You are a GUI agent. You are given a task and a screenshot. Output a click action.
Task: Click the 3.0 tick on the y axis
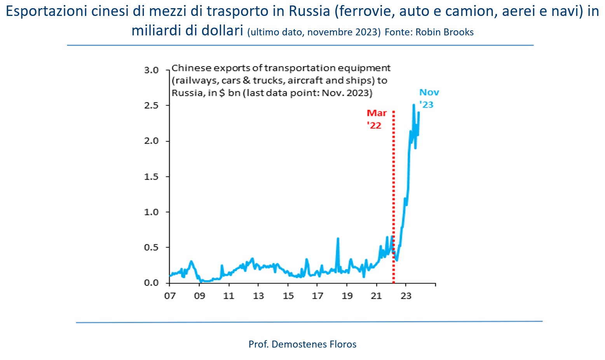click(152, 70)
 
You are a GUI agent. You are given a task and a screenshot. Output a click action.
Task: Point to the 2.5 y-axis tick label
click(152, 105)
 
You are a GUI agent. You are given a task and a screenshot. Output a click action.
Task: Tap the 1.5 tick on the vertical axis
click(152, 177)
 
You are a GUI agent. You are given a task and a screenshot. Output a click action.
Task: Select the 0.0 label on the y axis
click(152, 283)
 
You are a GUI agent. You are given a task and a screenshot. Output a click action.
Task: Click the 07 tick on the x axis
click(170, 295)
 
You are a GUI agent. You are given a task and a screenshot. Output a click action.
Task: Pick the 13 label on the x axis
click(258, 295)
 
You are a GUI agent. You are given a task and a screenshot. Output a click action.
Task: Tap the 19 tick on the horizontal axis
click(347, 295)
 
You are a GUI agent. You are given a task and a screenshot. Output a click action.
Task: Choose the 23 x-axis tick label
click(406, 295)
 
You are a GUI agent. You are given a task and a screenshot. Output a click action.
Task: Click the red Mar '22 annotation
click(376, 119)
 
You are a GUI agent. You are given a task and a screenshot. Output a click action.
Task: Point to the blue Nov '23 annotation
click(428, 98)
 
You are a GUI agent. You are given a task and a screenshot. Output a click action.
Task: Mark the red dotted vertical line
click(393, 194)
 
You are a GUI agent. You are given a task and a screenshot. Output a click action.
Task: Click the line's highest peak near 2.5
click(413, 105)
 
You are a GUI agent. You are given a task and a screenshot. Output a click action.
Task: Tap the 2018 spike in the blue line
click(338, 239)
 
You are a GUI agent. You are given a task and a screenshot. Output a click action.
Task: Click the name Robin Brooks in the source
click(445, 32)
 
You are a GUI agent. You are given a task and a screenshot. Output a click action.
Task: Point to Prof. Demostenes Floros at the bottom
click(302, 344)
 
